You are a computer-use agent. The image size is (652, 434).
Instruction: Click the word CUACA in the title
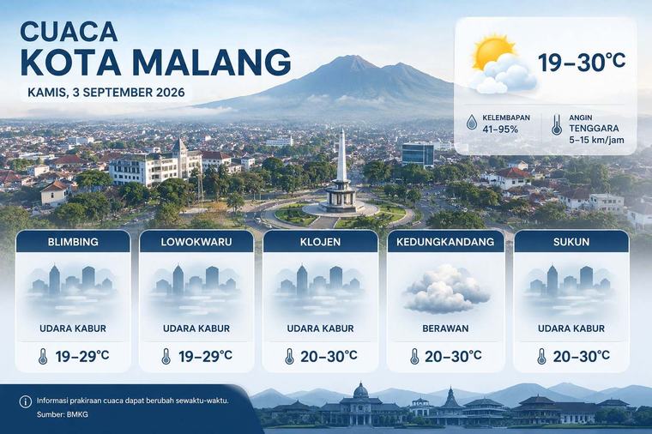point(69,31)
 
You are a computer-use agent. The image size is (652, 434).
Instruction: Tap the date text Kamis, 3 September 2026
point(106,93)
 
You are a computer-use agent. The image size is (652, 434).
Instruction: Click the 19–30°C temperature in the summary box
point(582,62)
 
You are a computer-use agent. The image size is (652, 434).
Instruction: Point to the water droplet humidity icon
point(472,122)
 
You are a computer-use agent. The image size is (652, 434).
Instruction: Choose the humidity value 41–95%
point(500,130)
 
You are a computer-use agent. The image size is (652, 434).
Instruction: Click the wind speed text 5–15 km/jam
point(597,140)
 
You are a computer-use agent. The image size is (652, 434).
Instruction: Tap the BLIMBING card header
point(73,242)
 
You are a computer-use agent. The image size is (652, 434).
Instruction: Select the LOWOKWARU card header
point(196,242)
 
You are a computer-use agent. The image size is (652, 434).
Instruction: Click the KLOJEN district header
point(320,242)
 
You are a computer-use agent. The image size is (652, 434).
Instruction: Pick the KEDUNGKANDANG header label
point(445,242)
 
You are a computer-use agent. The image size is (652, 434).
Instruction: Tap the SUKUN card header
point(571,242)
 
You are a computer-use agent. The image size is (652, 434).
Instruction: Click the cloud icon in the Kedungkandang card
point(445,289)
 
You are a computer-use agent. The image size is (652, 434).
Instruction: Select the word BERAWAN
point(445,329)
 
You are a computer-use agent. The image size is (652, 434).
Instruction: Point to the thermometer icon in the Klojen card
point(289,356)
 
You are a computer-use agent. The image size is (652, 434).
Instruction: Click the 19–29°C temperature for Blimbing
point(82,356)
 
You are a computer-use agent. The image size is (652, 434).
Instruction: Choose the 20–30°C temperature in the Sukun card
point(582,356)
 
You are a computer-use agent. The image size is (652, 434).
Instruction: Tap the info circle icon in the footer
point(26,401)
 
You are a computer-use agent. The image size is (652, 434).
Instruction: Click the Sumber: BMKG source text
point(63,414)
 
